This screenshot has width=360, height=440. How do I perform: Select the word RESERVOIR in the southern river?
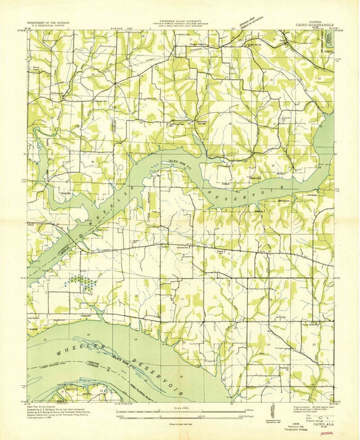[152, 366]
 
